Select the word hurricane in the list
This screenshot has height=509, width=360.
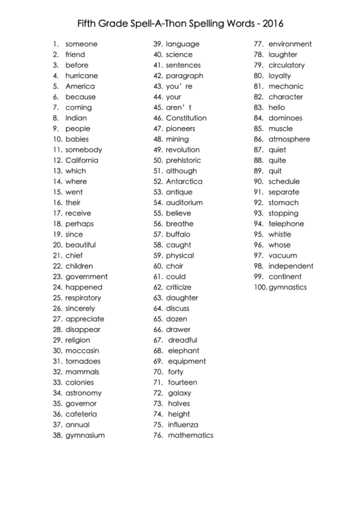[82, 75]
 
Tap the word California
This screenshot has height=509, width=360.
[82, 160]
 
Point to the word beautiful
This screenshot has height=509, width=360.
[80, 245]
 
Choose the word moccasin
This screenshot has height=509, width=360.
[82, 351]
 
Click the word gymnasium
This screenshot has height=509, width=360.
[85, 435]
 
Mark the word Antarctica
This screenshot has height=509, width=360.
[184, 181]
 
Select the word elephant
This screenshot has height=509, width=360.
[183, 351]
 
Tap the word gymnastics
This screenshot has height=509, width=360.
[288, 287]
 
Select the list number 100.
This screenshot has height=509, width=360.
[261, 287]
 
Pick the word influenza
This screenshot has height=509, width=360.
[185, 425]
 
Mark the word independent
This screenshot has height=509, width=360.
[291, 266]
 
